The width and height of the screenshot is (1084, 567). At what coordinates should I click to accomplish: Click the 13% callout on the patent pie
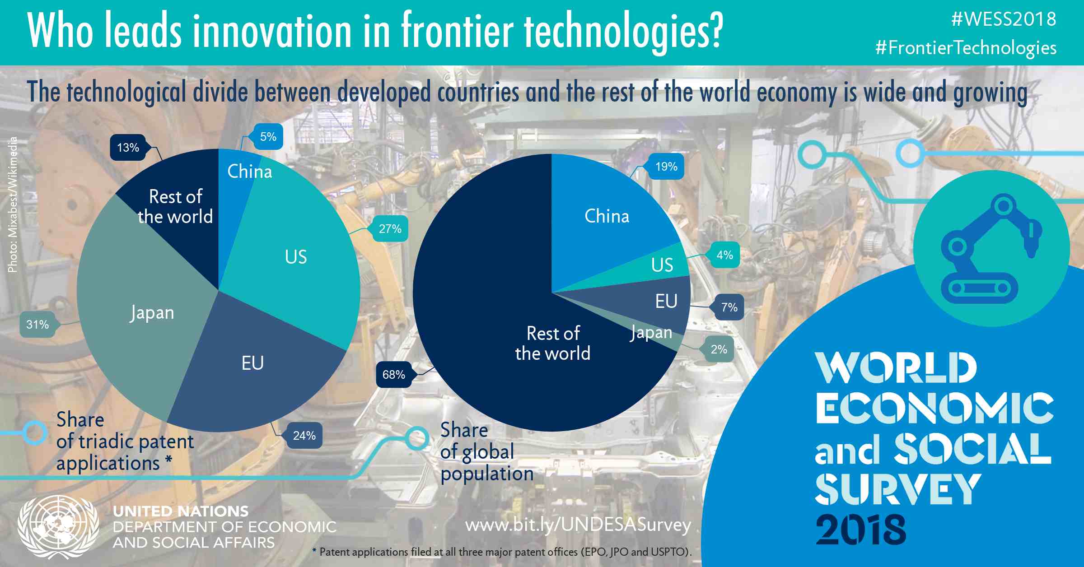[x=128, y=148]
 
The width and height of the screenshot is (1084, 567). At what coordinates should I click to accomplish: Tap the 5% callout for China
[x=268, y=137]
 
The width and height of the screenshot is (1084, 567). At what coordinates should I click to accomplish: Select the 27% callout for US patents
[x=390, y=229]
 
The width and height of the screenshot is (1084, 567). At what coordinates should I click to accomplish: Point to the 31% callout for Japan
[x=37, y=324]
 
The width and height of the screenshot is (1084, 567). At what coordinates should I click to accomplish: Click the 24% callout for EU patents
[x=304, y=436]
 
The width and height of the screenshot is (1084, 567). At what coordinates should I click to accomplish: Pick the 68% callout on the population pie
[x=393, y=375]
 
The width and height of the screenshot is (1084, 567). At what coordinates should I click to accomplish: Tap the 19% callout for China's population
[x=666, y=167]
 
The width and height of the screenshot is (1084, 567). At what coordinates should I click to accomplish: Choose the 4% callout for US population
[x=724, y=255]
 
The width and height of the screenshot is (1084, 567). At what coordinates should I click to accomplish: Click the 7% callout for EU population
[x=729, y=307]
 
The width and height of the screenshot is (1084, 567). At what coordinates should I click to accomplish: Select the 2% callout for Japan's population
[x=719, y=349]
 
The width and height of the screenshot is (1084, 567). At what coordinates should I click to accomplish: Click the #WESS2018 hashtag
[x=1004, y=19]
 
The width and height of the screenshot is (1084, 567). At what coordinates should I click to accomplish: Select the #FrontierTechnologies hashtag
[x=966, y=48]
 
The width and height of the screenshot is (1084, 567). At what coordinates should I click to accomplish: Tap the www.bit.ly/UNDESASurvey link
[x=578, y=525]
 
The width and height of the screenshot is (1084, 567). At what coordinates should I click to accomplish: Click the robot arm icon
[x=991, y=249]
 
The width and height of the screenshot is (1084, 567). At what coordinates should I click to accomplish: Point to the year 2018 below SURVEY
[x=860, y=529]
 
